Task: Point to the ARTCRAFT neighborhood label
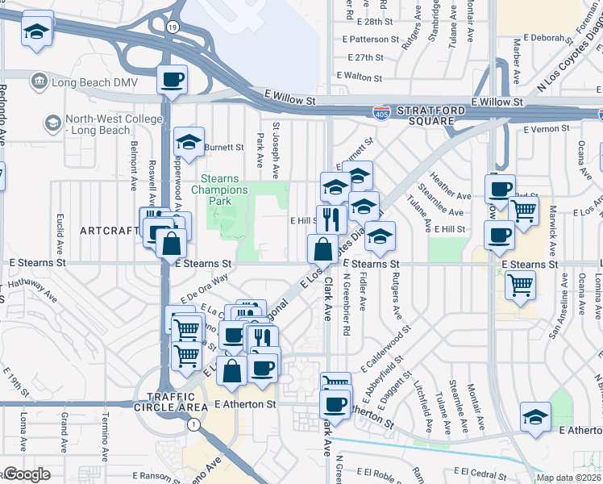[x=109, y=231]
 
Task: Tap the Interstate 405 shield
[x=382, y=113]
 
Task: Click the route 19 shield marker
[x=173, y=27]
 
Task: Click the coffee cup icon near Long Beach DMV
[x=173, y=80]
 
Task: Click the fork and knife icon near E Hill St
[x=331, y=218]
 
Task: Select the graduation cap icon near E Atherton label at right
[x=535, y=416]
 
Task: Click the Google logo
[x=28, y=474]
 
